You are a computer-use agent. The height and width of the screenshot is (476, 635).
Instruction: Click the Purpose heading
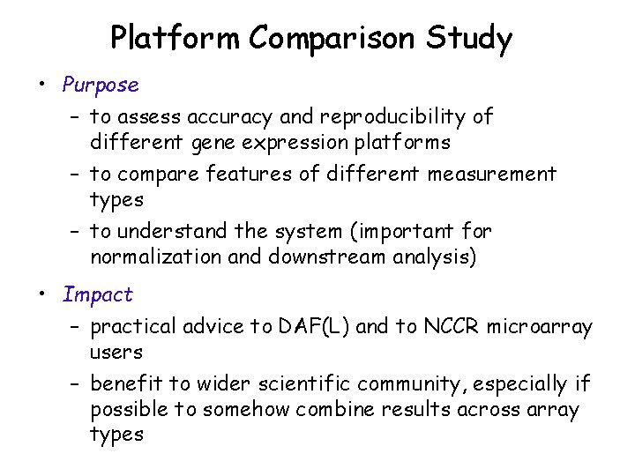tap(101, 86)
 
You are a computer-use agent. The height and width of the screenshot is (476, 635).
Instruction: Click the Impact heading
tap(97, 294)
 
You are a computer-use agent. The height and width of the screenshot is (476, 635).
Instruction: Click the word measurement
tap(492, 175)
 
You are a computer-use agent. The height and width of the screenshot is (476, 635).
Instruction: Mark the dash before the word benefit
tap(77, 384)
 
